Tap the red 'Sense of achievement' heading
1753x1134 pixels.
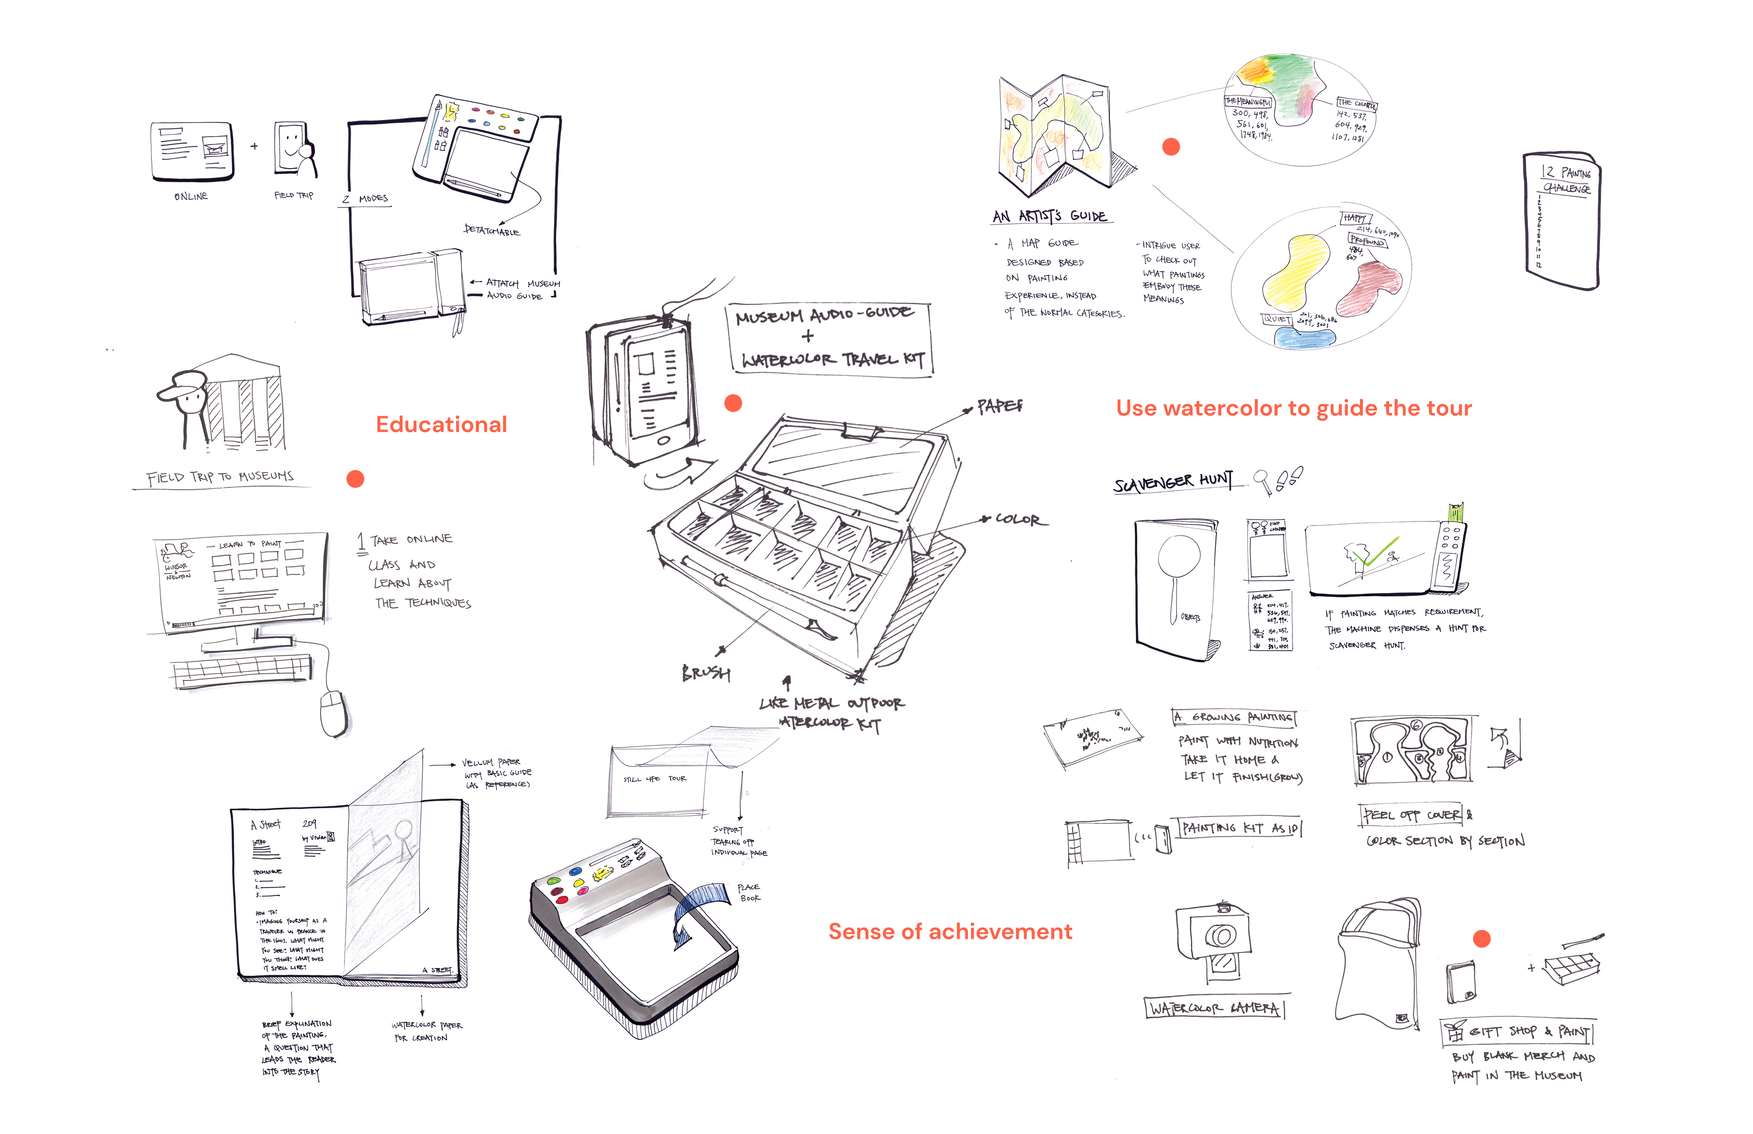click(950, 932)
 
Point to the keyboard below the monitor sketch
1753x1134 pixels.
click(242, 671)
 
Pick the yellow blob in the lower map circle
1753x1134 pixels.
click(1296, 273)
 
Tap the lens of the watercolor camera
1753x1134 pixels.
click(1221, 936)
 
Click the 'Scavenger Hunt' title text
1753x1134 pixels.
click(1172, 482)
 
